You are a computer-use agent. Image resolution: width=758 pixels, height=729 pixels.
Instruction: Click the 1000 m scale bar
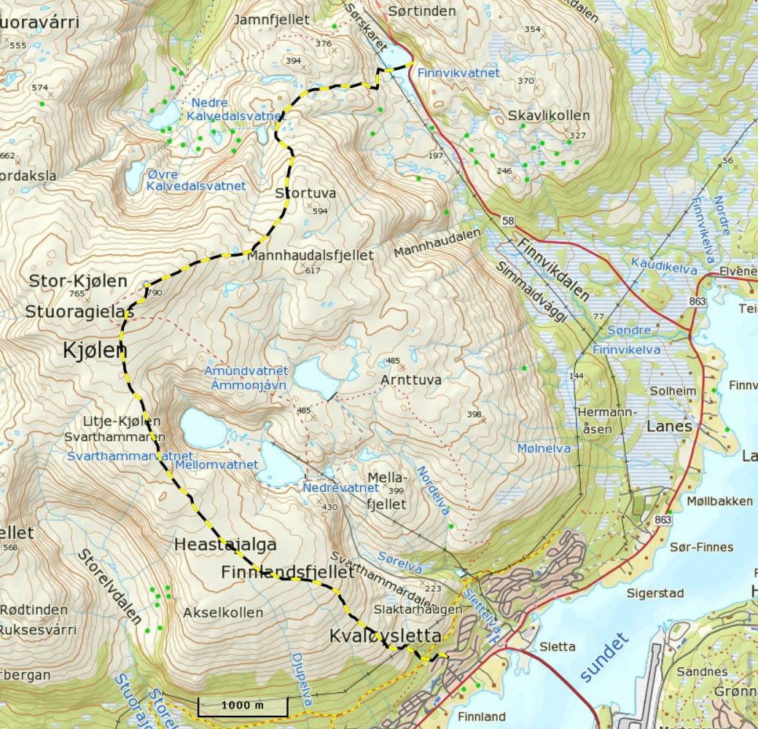(x=243, y=706)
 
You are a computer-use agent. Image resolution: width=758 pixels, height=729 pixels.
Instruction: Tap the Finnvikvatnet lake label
(x=458, y=73)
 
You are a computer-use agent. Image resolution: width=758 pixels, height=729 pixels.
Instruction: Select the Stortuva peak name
(x=305, y=194)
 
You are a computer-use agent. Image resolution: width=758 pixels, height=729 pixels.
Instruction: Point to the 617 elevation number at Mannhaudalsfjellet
(x=313, y=270)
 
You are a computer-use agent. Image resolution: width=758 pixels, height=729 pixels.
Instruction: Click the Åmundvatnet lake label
(x=246, y=372)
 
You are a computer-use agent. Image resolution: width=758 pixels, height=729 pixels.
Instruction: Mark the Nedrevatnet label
(x=340, y=488)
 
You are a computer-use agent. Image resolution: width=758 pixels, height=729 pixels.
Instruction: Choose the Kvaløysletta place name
(x=385, y=636)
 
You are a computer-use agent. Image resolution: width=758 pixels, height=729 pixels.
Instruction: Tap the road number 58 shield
(x=507, y=220)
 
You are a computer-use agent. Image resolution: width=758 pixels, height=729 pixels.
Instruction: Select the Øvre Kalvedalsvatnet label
(x=195, y=180)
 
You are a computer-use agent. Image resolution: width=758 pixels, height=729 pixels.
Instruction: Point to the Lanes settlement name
(x=668, y=426)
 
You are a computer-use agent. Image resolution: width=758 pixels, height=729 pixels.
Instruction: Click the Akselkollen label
(x=223, y=612)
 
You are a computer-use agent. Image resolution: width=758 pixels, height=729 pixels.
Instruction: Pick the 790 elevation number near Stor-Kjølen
(x=154, y=293)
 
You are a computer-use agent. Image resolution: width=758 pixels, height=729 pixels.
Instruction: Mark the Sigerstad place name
(x=655, y=593)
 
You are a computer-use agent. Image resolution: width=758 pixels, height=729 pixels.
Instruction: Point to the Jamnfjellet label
(x=261, y=20)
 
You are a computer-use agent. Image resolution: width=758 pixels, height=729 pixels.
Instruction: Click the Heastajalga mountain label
(x=225, y=545)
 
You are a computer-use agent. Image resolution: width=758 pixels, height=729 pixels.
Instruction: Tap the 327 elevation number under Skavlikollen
(x=577, y=136)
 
